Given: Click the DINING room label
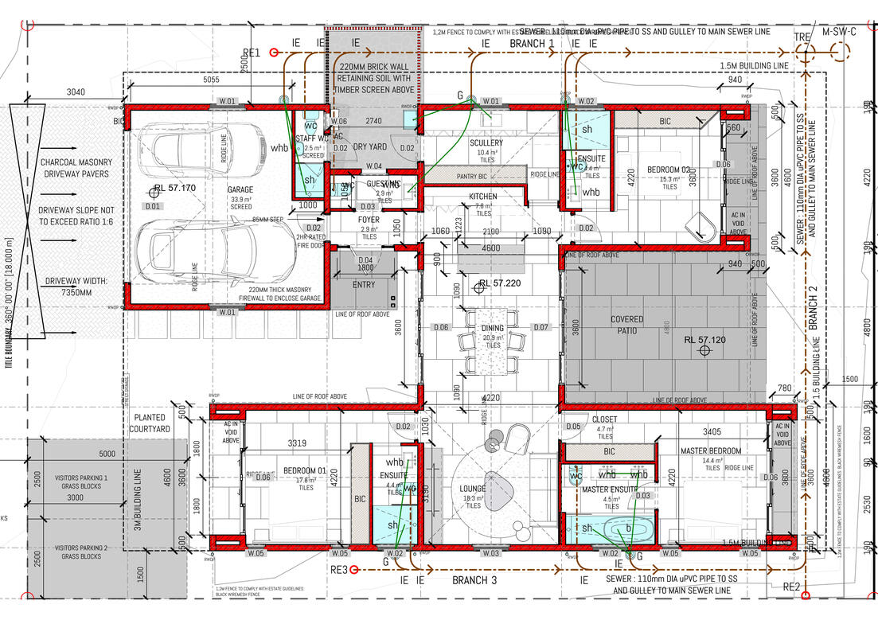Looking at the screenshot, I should click(x=493, y=328).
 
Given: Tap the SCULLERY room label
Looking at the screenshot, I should click(x=486, y=143).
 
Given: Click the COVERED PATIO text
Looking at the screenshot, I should click(x=627, y=325).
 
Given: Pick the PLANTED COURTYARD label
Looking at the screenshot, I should click(x=150, y=423).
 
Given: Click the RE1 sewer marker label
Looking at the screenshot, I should click(x=252, y=53).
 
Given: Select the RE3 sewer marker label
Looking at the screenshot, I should click(x=339, y=570).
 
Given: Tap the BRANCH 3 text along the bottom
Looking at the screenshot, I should click(x=474, y=580).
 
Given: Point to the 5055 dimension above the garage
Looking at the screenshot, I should click(x=212, y=80).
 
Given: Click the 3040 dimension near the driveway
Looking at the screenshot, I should click(x=75, y=92).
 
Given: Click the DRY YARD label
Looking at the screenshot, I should click(x=370, y=147).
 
